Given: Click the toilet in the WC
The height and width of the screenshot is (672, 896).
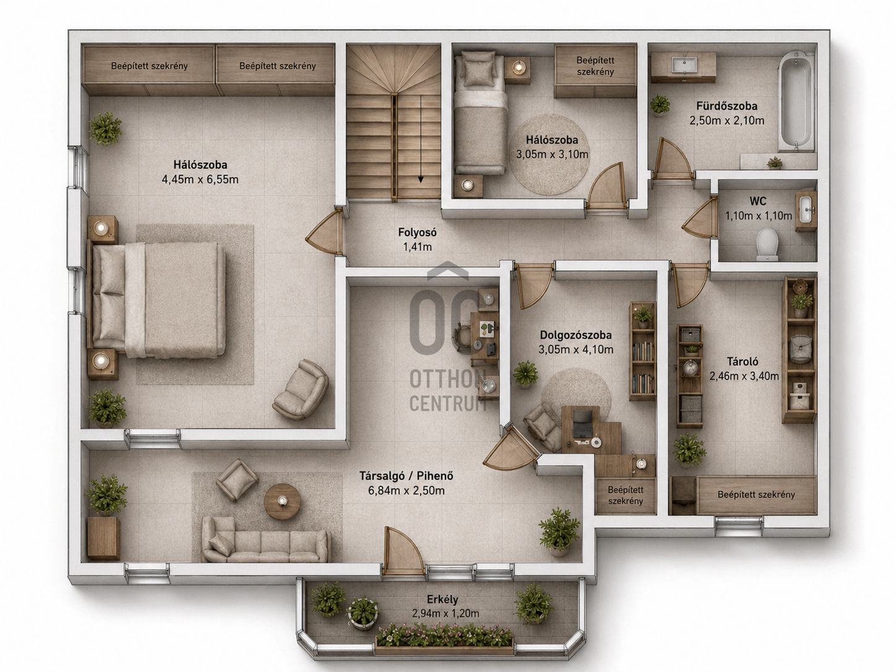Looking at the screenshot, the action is (x=767, y=244).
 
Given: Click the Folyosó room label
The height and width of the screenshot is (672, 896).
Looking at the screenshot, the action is (x=417, y=233).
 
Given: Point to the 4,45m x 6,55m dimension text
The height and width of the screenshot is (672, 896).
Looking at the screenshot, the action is (x=200, y=179).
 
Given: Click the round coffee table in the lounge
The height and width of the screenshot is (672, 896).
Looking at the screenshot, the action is (x=282, y=501).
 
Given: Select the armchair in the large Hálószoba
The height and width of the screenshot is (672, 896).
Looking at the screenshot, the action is (x=301, y=390).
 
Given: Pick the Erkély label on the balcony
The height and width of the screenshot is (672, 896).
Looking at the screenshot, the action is (x=442, y=600).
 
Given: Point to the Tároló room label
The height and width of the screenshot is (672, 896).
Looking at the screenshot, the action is (x=743, y=361).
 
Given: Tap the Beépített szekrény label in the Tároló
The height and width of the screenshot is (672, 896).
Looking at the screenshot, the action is (x=756, y=495).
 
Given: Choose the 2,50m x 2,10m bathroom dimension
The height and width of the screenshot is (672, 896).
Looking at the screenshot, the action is (x=726, y=121).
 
